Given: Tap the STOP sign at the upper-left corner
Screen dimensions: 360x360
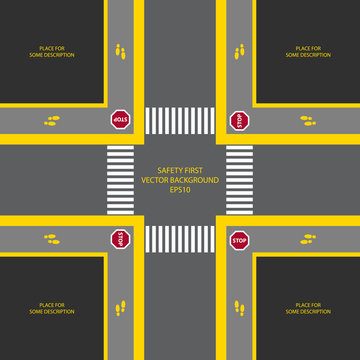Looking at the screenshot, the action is click(120, 120).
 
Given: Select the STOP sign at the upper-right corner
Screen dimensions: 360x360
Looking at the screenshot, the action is click(239, 120).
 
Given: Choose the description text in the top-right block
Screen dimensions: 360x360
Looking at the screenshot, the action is click(308, 51).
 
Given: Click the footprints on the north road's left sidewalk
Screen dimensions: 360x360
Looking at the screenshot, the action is click(121, 49).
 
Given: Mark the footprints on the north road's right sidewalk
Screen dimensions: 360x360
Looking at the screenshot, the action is click(239, 49).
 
